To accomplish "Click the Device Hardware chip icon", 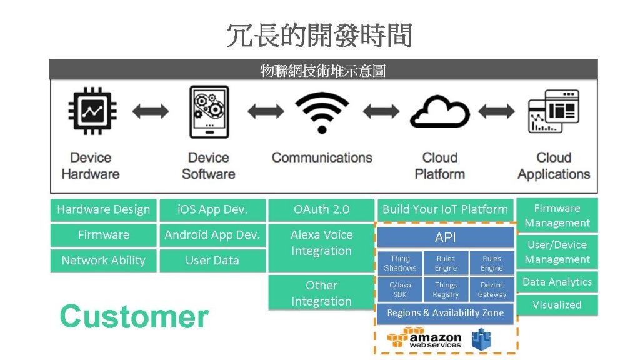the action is tap(92, 110).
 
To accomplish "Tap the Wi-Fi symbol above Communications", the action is tap(322, 112).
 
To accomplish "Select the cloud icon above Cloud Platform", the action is tap(439, 112).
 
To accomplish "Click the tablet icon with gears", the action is tap(209, 112).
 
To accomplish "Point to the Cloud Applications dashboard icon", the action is tap(554, 111).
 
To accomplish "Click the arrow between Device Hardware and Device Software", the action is tap(151, 111).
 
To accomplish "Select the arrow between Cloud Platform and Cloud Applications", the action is tap(497, 111).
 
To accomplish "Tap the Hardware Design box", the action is tap(103, 210).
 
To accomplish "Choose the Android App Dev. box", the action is tap(212, 235).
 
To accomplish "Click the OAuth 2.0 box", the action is tap(321, 210).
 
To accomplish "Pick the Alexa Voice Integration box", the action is tap(321, 247).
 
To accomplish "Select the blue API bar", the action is tap(445, 237).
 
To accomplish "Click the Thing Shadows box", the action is tap(400, 263).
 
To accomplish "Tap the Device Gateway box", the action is tap(492, 289).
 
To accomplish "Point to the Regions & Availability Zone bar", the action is tap(445, 313).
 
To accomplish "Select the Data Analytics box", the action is tap(557, 282).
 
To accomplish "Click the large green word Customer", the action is tap(134, 316).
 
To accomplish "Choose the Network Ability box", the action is tap(103, 261).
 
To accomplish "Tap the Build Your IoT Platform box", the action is tap(445, 210).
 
